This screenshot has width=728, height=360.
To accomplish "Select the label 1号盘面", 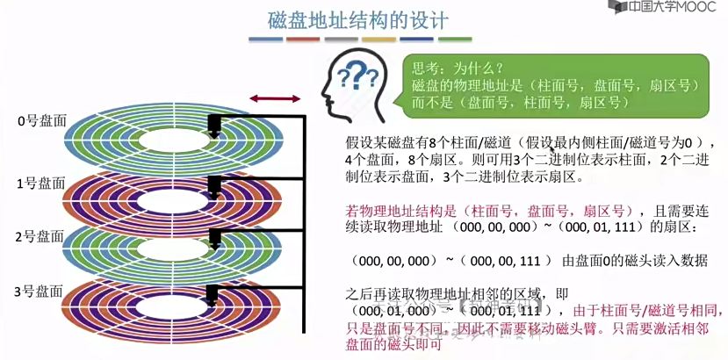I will point(41,183).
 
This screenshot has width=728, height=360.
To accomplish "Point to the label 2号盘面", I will point(41,237).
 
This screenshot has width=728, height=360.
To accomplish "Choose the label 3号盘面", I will point(41,291).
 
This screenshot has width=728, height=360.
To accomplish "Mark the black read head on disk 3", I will point(213,294).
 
